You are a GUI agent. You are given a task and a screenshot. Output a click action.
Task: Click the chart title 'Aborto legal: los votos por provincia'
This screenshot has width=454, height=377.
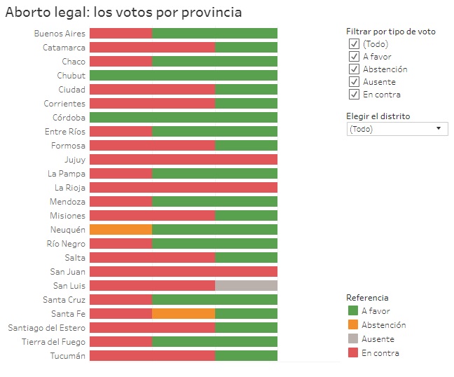tap(123, 12)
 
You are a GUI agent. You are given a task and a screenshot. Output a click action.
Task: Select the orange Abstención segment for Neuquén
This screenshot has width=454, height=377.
tap(121, 230)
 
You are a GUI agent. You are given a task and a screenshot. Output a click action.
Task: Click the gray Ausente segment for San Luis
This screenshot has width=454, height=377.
tap(246, 286)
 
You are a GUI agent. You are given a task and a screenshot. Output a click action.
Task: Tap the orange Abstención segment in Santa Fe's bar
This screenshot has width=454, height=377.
tap(183, 314)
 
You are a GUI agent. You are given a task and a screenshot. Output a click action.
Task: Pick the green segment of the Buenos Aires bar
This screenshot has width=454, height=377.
tap(214, 34)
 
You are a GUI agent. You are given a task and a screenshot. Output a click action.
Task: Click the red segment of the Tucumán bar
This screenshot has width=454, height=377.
tap(152, 356)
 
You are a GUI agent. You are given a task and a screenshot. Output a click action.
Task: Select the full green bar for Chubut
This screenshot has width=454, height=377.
tap(184, 76)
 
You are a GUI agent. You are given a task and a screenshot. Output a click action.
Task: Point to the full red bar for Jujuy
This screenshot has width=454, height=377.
tap(184, 160)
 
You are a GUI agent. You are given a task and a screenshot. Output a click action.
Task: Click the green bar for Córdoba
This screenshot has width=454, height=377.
tap(184, 118)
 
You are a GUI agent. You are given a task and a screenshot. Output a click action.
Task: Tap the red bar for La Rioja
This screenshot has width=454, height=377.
tap(184, 188)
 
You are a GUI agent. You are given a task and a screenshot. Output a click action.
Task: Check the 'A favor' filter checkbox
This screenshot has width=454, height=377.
tap(354, 57)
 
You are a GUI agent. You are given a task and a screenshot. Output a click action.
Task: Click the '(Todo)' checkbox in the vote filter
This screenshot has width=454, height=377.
tap(354, 44)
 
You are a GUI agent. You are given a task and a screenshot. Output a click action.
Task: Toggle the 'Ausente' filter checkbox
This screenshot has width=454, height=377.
tap(354, 82)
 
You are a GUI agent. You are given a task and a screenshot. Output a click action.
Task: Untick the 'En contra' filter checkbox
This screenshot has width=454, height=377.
tap(354, 95)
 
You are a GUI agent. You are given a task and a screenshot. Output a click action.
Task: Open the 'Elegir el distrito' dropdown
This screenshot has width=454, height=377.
tap(397, 129)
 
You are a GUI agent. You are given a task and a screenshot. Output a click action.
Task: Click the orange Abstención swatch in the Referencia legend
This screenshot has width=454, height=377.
tap(353, 325)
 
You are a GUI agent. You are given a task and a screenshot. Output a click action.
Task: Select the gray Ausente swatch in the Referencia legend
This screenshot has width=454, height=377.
tap(353, 339)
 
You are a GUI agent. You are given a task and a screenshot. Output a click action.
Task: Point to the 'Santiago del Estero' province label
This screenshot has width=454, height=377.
tap(46, 328)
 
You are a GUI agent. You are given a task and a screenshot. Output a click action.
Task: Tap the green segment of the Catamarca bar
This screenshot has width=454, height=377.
tap(246, 48)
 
